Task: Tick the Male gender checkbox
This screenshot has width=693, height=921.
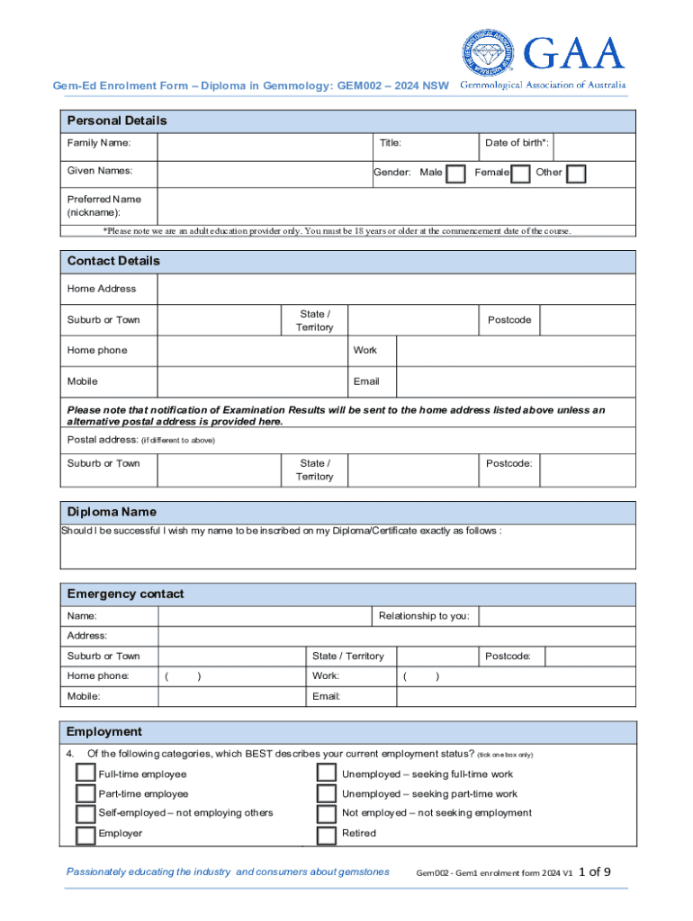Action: [456, 173]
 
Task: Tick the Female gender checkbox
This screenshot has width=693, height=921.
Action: [519, 173]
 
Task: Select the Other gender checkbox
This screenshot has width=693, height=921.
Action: [576, 173]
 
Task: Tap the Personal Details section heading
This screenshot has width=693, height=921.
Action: [117, 121]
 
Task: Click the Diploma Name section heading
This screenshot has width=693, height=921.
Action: [112, 512]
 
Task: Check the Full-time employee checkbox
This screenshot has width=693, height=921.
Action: [85, 773]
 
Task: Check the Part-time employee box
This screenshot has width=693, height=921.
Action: [85, 793]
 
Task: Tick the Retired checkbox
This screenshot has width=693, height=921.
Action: [327, 834]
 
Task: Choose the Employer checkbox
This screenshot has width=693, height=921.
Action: [85, 834]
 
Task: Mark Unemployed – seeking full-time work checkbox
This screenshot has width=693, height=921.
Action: [327, 773]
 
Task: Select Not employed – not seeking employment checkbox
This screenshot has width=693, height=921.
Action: [327, 813]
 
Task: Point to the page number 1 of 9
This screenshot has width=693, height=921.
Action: [595, 872]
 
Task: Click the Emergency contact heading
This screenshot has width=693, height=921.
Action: [125, 594]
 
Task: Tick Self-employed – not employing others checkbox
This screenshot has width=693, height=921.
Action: [85, 813]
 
